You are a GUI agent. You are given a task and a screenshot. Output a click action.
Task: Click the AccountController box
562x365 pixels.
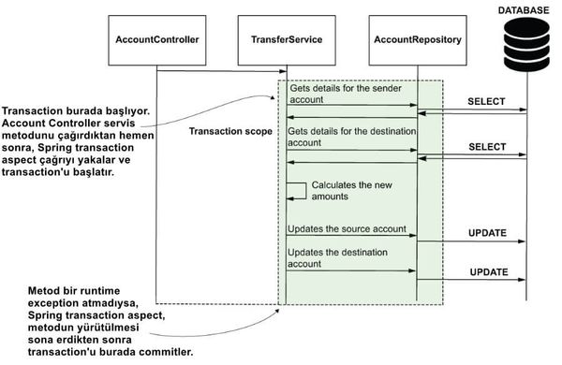[155, 40]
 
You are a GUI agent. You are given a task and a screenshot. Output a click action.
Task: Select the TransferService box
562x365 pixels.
[287, 40]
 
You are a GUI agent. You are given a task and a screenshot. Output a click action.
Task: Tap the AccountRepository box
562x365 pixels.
[416, 40]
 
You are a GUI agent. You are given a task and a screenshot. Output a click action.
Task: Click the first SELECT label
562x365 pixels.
[486, 100]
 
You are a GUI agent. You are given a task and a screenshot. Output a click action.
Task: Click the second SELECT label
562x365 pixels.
[486, 148]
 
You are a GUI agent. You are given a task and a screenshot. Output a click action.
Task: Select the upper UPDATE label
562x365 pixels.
[487, 232]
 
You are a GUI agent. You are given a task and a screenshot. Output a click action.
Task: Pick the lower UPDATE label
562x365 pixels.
[487, 272]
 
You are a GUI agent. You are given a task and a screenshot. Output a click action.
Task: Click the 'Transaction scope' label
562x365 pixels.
[230, 132]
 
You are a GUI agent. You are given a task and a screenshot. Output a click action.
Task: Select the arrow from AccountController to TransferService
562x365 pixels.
[220, 71]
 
